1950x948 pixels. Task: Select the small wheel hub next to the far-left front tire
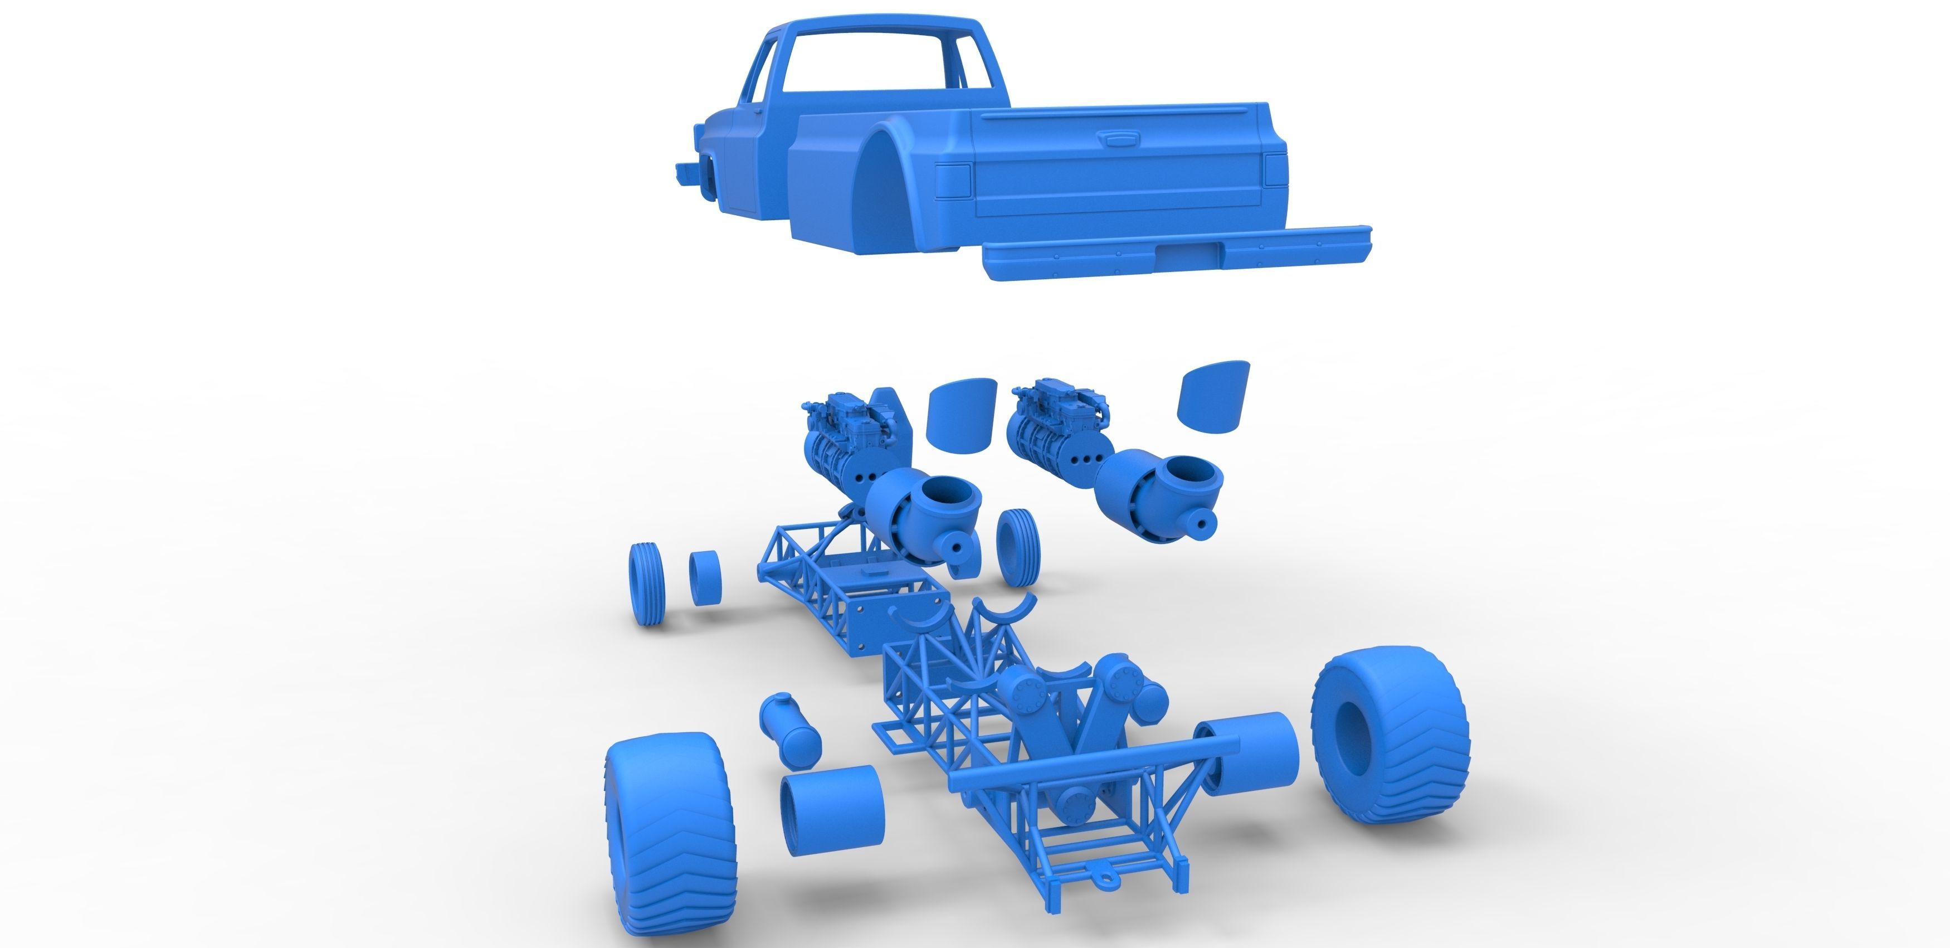tap(705, 578)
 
